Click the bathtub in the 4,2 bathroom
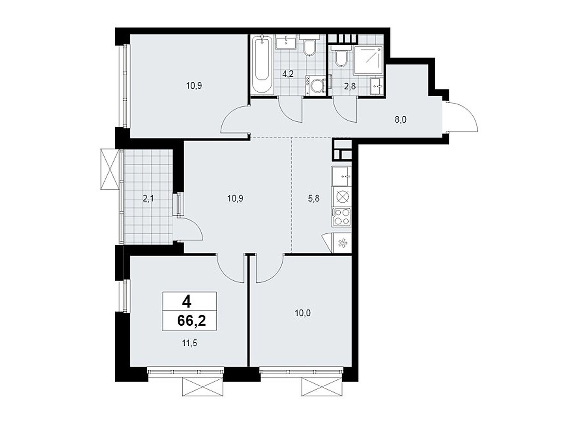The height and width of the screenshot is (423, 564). click(x=261, y=65)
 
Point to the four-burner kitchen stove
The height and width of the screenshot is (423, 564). click(x=341, y=216)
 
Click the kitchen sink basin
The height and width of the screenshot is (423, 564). click(x=341, y=176)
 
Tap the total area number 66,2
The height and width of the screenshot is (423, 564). click(x=191, y=321)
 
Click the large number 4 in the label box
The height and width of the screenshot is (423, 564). click(x=186, y=302)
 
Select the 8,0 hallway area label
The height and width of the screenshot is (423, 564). click(x=400, y=120)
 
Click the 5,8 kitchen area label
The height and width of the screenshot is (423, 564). click(x=313, y=198)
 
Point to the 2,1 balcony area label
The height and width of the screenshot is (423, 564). click(x=148, y=198)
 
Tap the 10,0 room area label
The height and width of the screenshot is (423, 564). click(x=303, y=313)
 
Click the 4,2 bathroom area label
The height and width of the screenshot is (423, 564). click(x=288, y=74)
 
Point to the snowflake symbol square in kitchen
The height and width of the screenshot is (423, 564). click(x=342, y=242)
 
